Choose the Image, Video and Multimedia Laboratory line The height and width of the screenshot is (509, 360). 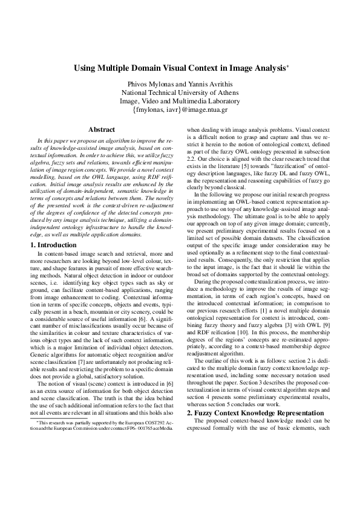coord(180,101)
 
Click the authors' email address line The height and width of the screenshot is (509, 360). coord(180,110)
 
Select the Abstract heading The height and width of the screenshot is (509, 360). coord(102,129)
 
